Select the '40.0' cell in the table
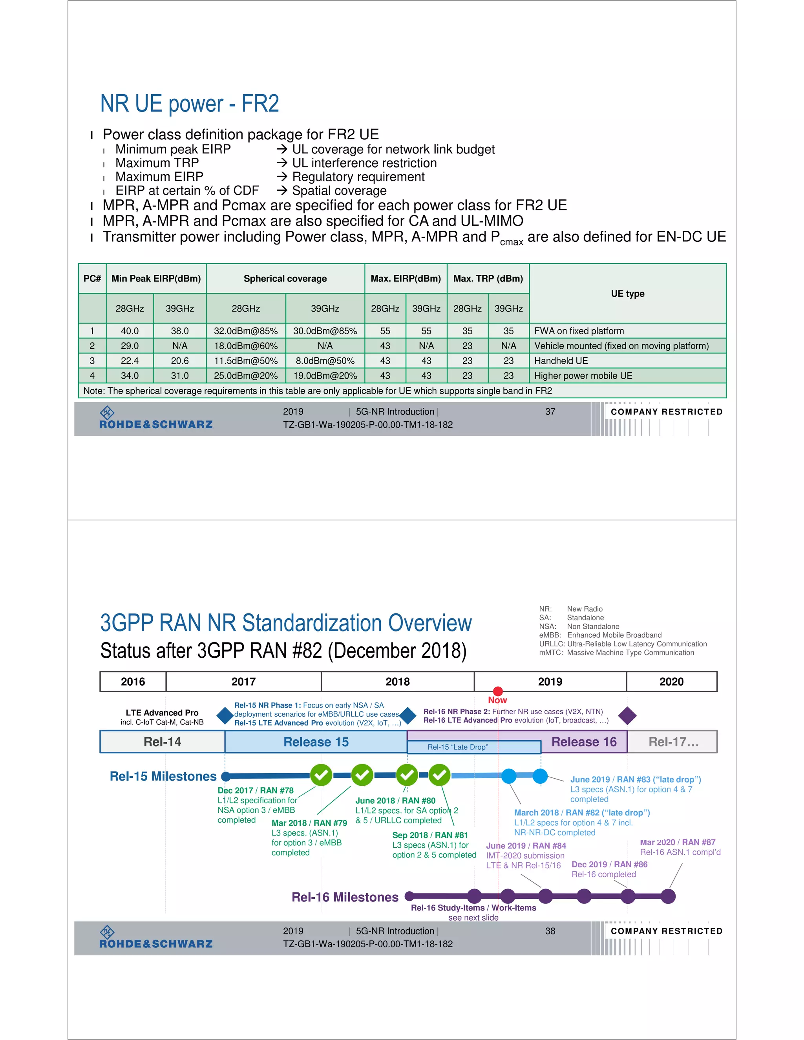[130, 331]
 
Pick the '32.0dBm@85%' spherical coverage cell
[246, 331]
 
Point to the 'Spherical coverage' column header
[285, 279]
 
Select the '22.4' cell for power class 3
[130, 361]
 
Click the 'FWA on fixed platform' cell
[579, 331]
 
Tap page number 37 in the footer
[550, 411]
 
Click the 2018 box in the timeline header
[397, 681]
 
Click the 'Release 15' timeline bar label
[316, 742]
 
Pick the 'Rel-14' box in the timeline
[162, 742]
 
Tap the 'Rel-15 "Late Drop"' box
[457, 747]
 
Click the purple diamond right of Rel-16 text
[627, 716]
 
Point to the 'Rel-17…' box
[673, 742]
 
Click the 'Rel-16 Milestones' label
[345, 897]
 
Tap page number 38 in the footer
[550, 931]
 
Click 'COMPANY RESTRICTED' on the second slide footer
[666, 931]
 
